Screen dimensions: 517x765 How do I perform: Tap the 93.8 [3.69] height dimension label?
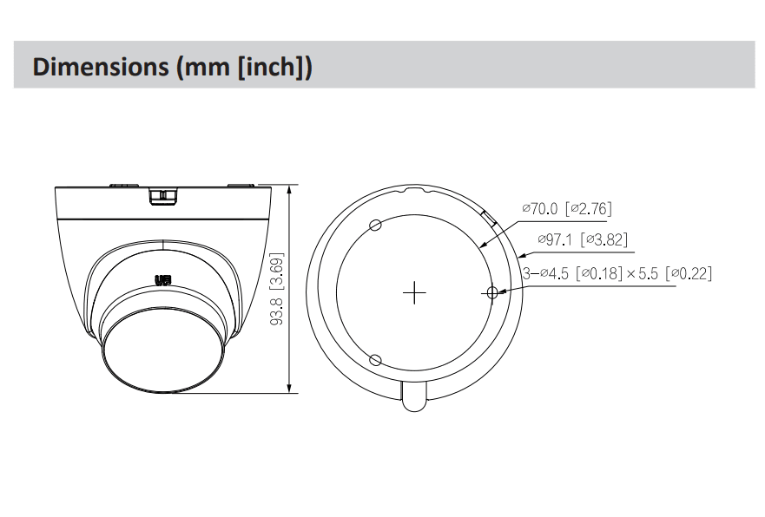[x=277, y=289]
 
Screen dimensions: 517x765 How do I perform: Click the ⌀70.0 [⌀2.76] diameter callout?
[x=566, y=208]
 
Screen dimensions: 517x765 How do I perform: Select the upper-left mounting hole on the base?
[x=375, y=226]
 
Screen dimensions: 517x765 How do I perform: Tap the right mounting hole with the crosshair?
[x=492, y=293]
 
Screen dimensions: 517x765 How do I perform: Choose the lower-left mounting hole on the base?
[x=375, y=360]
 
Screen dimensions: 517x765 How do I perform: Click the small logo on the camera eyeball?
[x=162, y=280]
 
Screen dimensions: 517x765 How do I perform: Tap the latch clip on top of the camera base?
[x=162, y=196]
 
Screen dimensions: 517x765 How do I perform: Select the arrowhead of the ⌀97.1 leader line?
[x=520, y=256]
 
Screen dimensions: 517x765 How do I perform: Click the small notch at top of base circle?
[x=415, y=188]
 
